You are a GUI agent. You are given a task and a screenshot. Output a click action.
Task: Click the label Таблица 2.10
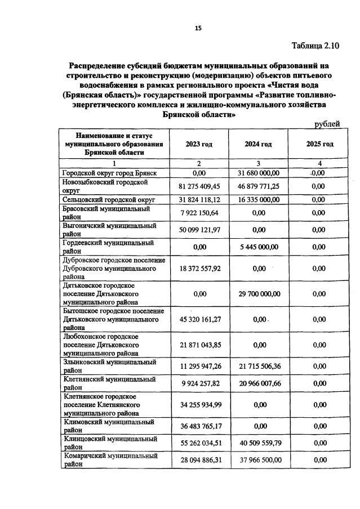[x=316, y=46]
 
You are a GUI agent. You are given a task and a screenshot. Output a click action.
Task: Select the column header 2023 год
[x=199, y=144]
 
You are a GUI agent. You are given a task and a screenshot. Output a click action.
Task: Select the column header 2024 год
[x=258, y=144]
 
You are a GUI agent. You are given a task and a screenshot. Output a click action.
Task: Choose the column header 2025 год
[x=319, y=144]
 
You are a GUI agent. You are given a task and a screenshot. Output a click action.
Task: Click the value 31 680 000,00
[x=258, y=173]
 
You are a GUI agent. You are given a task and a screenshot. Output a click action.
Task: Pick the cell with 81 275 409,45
[x=199, y=186]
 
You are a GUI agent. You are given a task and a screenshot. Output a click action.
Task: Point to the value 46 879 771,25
[x=258, y=186]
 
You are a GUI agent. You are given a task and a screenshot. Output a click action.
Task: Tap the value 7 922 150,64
[x=199, y=212]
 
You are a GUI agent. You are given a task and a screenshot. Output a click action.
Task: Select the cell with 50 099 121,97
[x=199, y=229]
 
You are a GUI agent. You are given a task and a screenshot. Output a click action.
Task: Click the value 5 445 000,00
[x=258, y=247]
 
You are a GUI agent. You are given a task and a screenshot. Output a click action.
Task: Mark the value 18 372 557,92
[x=199, y=269]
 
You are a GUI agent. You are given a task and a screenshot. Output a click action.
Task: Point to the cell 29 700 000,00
[x=258, y=293]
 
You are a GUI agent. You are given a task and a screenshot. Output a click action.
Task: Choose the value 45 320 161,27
[x=199, y=319]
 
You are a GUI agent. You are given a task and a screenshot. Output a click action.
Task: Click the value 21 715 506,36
[x=258, y=367]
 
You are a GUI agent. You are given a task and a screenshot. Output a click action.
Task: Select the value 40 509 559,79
[x=258, y=443]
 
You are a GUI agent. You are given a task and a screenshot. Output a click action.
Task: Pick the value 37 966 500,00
[x=258, y=460]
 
